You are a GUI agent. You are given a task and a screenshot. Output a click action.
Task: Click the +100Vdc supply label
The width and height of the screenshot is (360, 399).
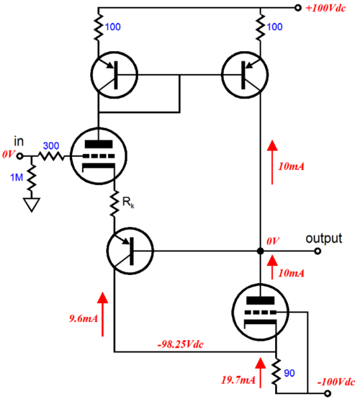click(325, 8)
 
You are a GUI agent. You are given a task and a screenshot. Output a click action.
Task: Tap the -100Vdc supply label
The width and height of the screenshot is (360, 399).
click(336, 382)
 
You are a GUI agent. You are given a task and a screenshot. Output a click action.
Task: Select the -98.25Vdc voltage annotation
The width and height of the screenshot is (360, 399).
click(181, 344)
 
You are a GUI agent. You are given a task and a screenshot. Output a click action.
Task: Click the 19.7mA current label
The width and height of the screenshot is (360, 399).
click(238, 380)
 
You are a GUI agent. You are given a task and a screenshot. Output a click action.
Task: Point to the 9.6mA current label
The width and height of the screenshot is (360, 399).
click(84, 318)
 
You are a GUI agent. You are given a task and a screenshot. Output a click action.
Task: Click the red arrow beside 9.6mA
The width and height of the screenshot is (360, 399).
click(102, 314)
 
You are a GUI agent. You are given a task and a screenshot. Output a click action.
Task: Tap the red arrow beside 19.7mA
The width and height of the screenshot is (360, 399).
click(260, 373)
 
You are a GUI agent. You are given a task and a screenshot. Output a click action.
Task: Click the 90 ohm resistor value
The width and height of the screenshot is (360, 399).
click(289, 373)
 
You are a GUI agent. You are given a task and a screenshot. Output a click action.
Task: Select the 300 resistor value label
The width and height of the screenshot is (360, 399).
click(51, 145)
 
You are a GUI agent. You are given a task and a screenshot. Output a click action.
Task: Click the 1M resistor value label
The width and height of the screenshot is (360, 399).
click(17, 177)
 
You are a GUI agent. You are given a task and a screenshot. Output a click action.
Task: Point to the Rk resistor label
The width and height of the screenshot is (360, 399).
click(128, 202)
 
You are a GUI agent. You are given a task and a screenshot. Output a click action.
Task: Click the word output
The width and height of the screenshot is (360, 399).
click(323, 238)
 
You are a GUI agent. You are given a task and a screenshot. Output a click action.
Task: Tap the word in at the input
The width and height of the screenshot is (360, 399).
click(19, 141)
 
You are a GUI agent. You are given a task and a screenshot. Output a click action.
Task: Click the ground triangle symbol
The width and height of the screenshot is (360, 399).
click(32, 205)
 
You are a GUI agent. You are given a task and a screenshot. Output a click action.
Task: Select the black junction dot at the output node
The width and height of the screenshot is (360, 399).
click(260, 251)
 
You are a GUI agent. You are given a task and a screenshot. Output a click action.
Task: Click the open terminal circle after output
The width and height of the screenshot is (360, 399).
click(318, 251)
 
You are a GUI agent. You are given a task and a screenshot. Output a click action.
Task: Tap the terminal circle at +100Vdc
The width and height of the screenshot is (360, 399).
click(298, 8)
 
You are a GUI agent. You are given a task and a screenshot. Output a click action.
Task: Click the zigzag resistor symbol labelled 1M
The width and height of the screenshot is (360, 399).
click(32, 178)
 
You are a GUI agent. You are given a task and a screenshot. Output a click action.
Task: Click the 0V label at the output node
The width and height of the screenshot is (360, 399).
click(273, 241)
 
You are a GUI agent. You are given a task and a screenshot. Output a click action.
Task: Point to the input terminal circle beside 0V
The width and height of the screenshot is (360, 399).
click(20, 156)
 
